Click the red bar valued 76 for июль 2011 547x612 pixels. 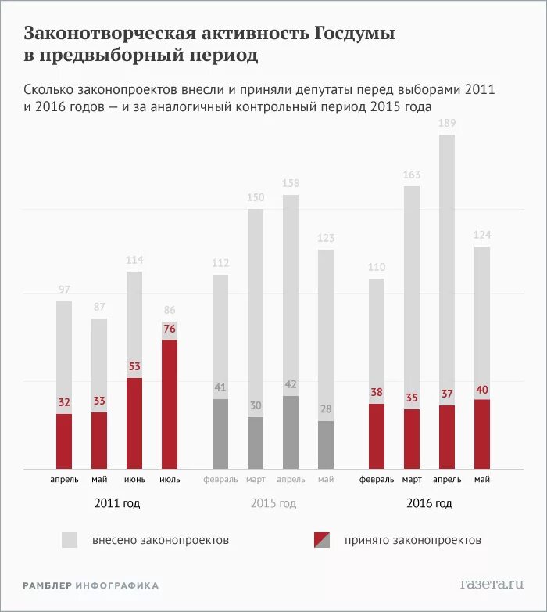pyautogui.click(x=170, y=404)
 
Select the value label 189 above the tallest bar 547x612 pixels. pyautogui.click(x=446, y=123)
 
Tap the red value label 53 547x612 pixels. pyautogui.click(x=134, y=367)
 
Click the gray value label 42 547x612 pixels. pyautogui.click(x=291, y=384)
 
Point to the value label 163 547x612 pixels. pyautogui.click(x=412, y=175)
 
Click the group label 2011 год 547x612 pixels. pyautogui.click(x=116, y=503)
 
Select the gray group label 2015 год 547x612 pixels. pyautogui.click(x=273, y=503)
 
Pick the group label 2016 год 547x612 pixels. pyautogui.click(x=429, y=503)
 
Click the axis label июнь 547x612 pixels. pyautogui.click(x=134, y=479)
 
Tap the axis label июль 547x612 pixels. pyautogui.click(x=170, y=479)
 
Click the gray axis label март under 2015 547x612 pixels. pyautogui.click(x=256, y=479)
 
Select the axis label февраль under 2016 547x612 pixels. pyautogui.click(x=377, y=479)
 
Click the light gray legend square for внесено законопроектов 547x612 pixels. pyautogui.click(x=70, y=540)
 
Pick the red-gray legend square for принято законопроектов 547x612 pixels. pyautogui.click(x=322, y=540)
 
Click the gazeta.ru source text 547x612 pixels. pyautogui.click(x=492, y=584)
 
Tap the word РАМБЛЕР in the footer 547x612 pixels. pyautogui.click(x=48, y=585)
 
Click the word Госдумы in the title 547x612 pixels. pyautogui.click(x=355, y=34)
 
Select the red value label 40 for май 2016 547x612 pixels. pyautogui.click(x=482, y=389)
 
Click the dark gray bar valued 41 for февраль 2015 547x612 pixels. pyautogui.click(x=220, y=434)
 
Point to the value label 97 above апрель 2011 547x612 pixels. pyautogui.click(x=64, y=290)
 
